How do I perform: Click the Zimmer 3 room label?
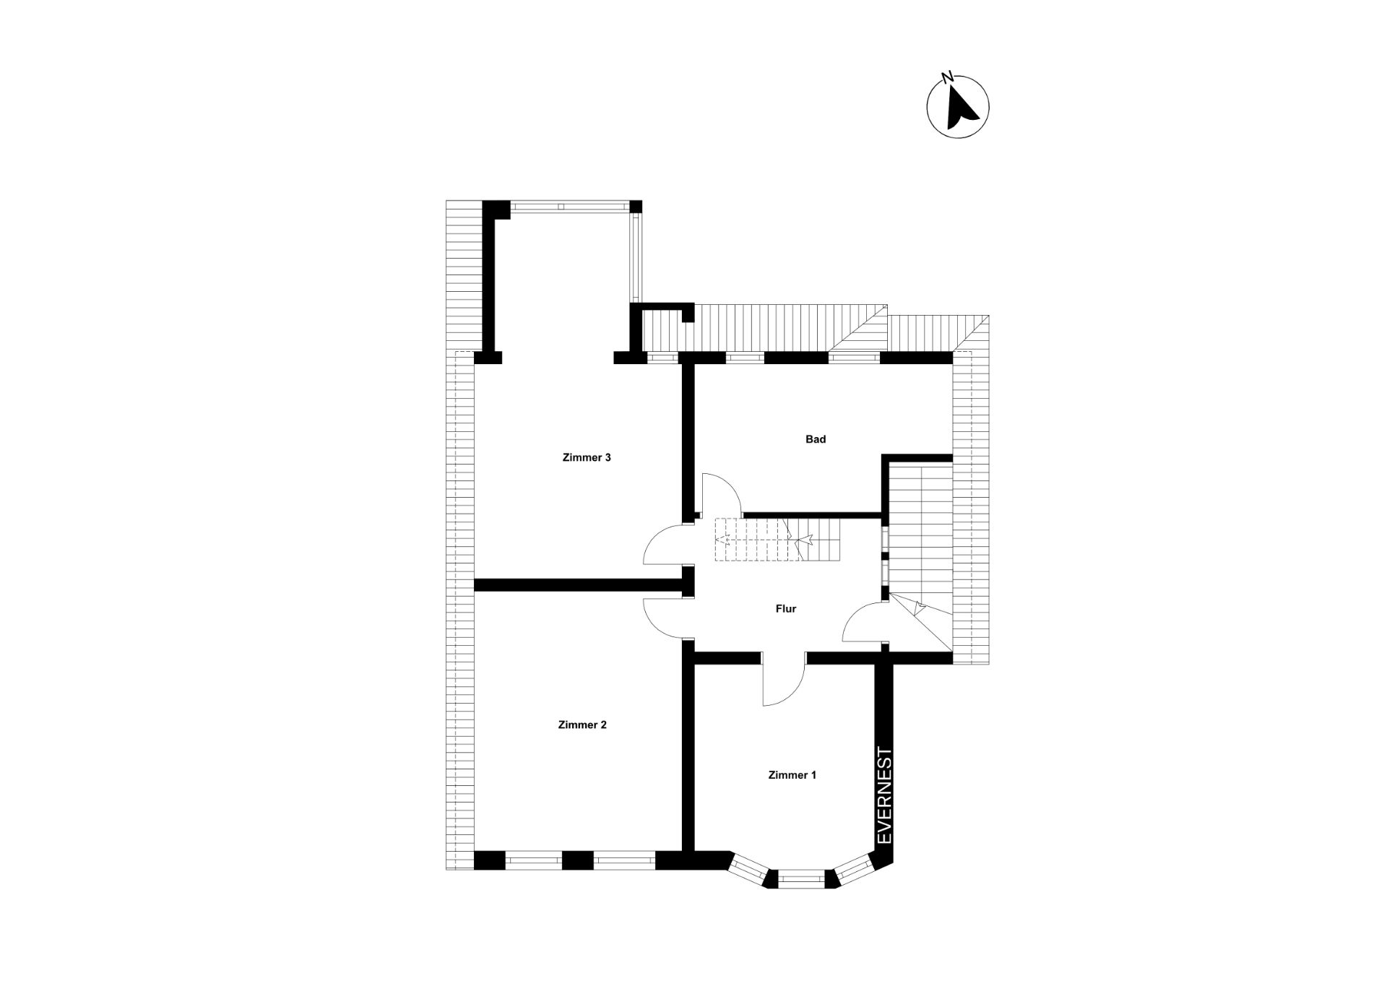[x=587, y=457]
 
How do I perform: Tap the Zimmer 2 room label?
[x=582, y=725]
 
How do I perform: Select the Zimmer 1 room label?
[x=792, y=775]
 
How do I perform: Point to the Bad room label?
[x=816, y=439]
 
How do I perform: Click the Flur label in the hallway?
[x=786, y=609]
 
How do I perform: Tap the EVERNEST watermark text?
[x=884, y=795]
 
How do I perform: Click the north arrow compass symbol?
[x=958, y=108]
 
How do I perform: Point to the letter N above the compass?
[x=947, y=76]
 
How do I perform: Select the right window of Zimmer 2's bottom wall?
[x=625, y=860]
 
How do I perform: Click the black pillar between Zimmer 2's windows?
[x=577, y=860]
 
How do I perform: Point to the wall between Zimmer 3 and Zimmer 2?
[x=579, y=585]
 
